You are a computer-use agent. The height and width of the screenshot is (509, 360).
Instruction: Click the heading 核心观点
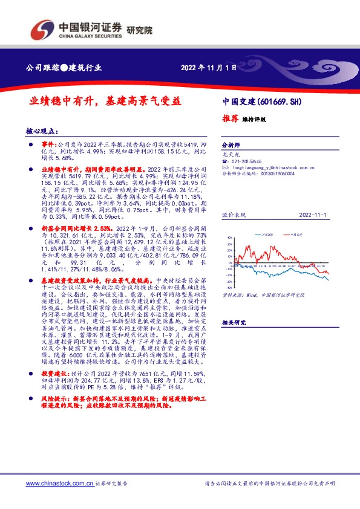[44, 131]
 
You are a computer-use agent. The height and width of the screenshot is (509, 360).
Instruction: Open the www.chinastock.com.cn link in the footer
[59, 484]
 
